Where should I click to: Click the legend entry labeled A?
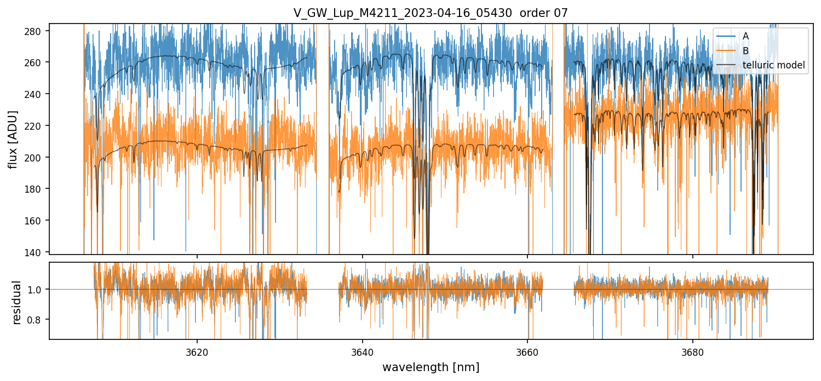pos(745,36)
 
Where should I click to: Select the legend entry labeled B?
pos(745,51)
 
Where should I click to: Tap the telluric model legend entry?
pos(773,65)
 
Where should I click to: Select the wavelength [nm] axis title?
pos(430,367)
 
